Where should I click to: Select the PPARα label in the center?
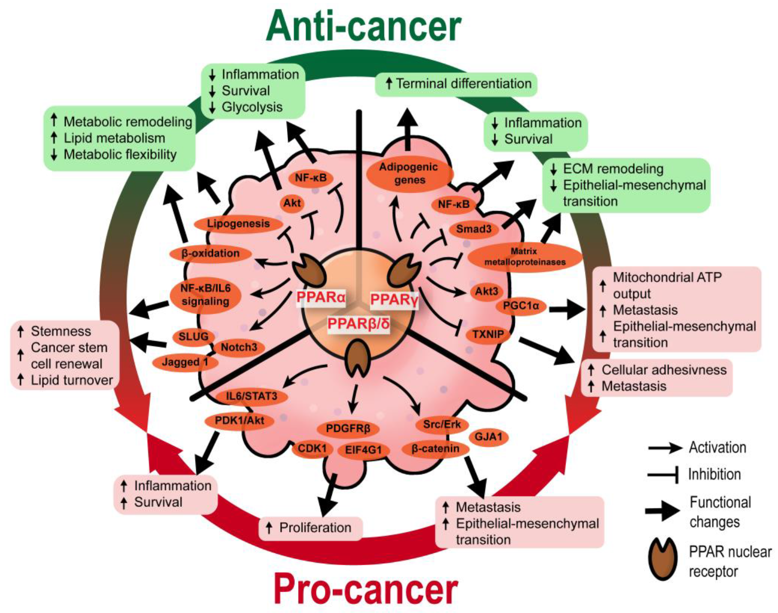321,297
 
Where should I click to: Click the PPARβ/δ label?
358,324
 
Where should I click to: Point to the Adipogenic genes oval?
409,174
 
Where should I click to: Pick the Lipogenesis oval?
238,224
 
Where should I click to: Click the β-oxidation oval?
210,253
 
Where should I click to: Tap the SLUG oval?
193,337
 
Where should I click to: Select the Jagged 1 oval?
185,362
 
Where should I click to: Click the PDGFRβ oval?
348,428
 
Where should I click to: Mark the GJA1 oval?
488,437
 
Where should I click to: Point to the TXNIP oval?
487,335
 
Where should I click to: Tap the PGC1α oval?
521,306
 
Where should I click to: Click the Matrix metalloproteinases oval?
524,256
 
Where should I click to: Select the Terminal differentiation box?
456,84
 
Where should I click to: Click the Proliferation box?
310,528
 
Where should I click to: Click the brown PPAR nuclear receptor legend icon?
664,560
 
